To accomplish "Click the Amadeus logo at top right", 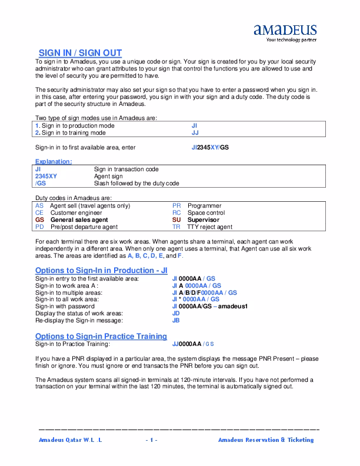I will click(x=285, y=33).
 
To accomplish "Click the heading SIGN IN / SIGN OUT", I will click(x=80, y=53).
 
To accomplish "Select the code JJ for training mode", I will click(x=195, y=132).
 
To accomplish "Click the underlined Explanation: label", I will click(x=54, y=161).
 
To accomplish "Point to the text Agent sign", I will click(x=108, y=176).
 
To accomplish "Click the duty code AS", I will click(x=39, y=206).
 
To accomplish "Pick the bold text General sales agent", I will click(x=79, y=219).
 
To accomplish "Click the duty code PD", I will click(x=39, y=227).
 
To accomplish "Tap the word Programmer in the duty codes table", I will click(x=204, y=206).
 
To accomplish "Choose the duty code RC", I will click(x=176, y=212).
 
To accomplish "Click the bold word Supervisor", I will click(x=203, y=219).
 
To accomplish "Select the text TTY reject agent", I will click(x=210, y=227).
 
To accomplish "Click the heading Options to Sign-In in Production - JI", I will click(x=101, y=270).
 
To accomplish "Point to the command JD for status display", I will click(x=176, y=313).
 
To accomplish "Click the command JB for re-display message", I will click(x=176, y=320).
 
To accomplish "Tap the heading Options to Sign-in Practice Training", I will click(x=101, y=336).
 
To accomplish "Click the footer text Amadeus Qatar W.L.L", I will click(x=70, y=440).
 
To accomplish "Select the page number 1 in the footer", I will click(x=151, y=440).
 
